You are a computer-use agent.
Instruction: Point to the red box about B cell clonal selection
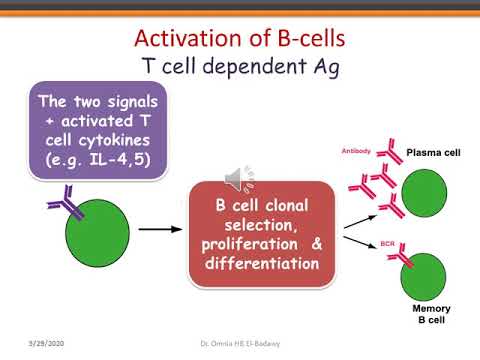pos(260,231)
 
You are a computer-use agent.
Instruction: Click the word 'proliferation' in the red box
pos(243,245)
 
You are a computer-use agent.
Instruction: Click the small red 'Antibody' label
pos(358,152)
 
